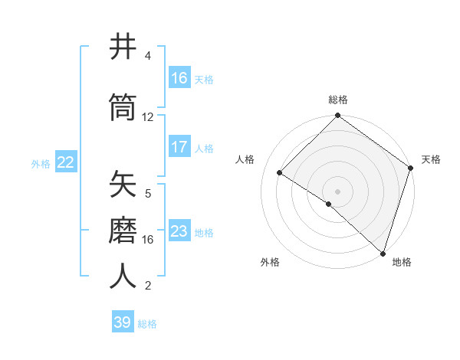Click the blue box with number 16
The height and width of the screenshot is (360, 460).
coord(179,78)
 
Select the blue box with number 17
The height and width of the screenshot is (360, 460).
coord(179,147)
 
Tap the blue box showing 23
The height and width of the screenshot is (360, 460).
coord(179,231)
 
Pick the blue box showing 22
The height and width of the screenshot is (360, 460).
coord(66,162)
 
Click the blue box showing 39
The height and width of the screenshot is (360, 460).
coord(123,322)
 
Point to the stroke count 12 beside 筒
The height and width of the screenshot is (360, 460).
coord(148,117)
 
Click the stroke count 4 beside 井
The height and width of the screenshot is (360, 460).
coord(148,56)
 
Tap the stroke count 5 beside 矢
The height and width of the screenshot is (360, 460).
coord(148,194)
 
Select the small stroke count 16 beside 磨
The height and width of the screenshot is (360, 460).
coord(148,240)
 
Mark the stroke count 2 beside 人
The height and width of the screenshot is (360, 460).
coord(148,286)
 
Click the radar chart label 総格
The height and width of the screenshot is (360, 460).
coord(337,100)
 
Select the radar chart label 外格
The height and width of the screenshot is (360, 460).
coord(270,262)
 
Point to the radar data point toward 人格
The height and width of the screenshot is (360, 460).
coord(280,172)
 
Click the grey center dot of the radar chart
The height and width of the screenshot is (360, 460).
coord(337,191)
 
